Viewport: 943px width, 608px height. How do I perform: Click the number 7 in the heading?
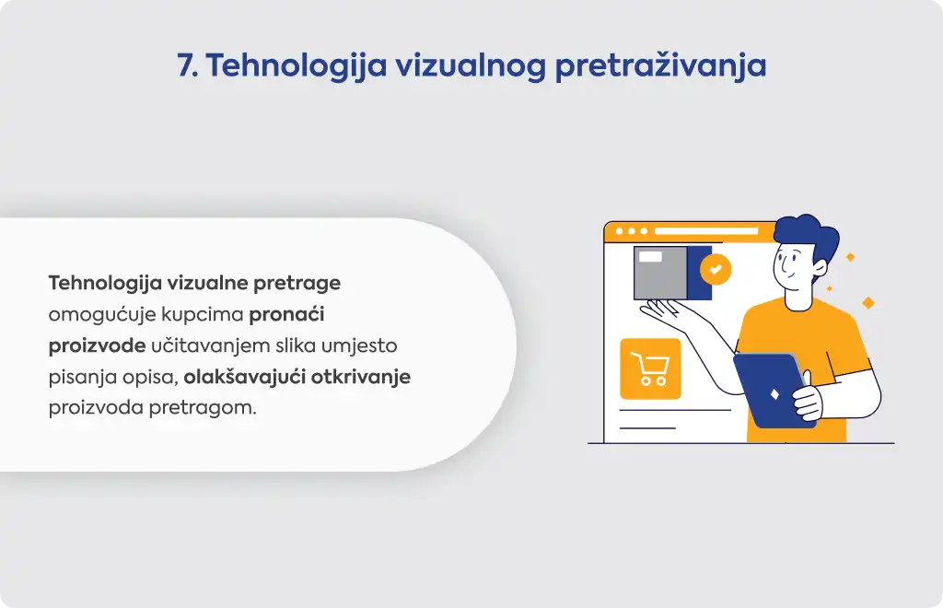185,65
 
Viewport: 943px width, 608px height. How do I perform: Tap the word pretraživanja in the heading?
660,66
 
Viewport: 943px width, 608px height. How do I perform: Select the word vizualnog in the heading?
471,66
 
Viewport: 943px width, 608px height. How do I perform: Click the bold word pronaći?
287,314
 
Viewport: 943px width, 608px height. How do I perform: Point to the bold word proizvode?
97,345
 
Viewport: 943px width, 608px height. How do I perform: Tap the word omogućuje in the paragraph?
102,314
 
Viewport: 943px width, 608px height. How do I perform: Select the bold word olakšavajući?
245,377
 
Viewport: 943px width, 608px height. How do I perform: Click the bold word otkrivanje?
361,377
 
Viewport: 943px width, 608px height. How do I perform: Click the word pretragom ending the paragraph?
203,408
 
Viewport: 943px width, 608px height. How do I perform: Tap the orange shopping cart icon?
650,368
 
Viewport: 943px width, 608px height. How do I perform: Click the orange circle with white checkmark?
716,269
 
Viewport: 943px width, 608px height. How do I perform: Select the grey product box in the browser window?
660,273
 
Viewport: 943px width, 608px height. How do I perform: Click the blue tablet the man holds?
772,390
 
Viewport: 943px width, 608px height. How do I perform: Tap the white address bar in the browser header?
706,231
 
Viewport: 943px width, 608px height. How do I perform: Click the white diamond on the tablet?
774,394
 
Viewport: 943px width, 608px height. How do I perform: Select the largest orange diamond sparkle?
867,302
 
